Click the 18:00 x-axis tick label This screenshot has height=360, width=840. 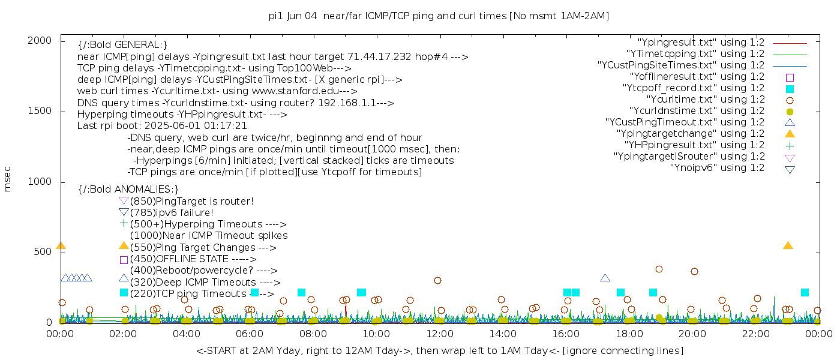629,334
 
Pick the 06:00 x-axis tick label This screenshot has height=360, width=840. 250,334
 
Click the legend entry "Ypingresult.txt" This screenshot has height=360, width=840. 701,43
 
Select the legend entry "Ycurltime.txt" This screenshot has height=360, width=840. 706,100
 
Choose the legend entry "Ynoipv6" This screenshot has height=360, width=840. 717,168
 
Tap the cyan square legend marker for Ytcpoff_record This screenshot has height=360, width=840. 790,89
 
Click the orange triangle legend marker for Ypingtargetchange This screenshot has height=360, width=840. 790,134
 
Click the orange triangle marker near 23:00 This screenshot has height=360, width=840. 788,245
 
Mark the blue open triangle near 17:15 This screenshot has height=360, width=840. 605,278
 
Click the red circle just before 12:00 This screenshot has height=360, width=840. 437,280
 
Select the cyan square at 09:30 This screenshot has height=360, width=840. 361,293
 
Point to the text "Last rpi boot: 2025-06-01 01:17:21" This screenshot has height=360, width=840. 162,126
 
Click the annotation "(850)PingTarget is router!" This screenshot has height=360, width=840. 191,201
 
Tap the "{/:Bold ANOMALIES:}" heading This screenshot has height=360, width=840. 128,190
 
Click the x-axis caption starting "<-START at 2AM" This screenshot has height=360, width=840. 439,350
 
